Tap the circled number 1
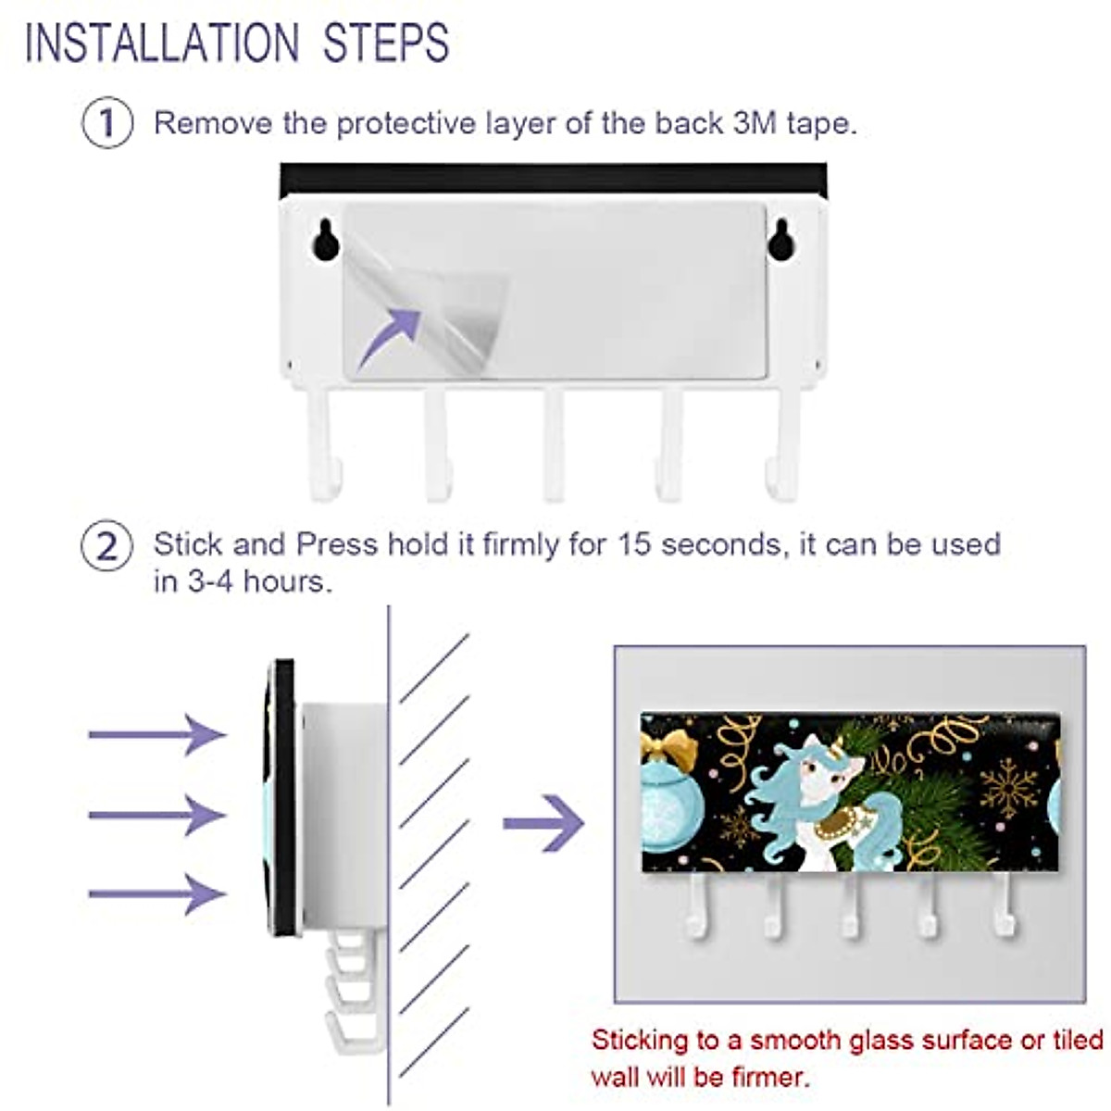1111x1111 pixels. coord(107,123)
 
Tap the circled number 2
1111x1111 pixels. coord(107,546)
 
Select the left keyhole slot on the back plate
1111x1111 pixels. coord(326,239)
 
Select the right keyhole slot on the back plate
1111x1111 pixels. coord(780,239)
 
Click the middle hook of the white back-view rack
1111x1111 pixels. coord(554,444)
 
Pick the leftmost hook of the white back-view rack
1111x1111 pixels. coord(322,444)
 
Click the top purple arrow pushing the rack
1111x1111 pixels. coord(157,735)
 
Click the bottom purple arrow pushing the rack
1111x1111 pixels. coord(157,893)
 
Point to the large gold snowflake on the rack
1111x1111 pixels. coord(1008,789)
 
